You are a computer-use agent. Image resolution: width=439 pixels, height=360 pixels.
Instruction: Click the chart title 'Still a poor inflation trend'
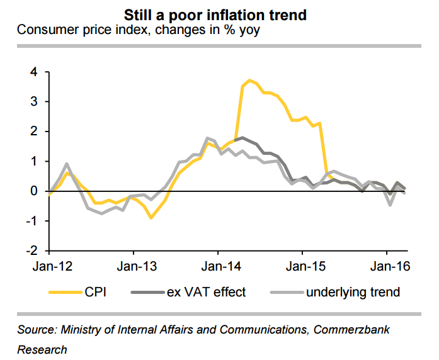pyautogui.click(x=219, y=14)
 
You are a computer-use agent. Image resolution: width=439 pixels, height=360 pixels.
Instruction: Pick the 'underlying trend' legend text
pyautogui.click(x=353, y=292)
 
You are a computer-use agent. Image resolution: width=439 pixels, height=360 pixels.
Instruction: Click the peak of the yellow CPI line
pyautogui.click(x=250, y=80)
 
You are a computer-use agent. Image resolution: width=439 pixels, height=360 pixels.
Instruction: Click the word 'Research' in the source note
pyautogui.click(x=42, y=349)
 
